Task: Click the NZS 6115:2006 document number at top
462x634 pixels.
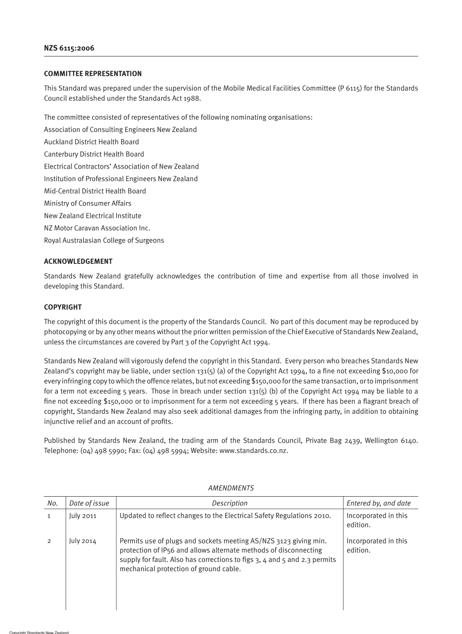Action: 69,48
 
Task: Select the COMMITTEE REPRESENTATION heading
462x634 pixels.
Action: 93,74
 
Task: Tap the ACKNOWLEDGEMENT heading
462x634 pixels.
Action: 78,261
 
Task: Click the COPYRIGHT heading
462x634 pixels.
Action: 63,307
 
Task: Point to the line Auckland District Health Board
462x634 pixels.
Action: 91,142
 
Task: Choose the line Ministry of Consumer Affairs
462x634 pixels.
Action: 88,204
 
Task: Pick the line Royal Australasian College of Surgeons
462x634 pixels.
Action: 104,241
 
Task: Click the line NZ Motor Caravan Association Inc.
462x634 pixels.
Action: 97,228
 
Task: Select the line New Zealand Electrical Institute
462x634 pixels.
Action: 93,216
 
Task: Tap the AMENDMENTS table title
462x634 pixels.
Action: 231,488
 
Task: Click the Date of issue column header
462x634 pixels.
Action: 89,503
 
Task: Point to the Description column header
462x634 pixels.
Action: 230,503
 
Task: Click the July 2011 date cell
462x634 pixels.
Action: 83,516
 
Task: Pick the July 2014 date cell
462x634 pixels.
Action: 83,541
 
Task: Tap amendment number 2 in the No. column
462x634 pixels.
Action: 49,541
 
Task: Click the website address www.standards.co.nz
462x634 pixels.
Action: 253,451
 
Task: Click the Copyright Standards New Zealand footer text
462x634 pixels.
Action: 39,632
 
